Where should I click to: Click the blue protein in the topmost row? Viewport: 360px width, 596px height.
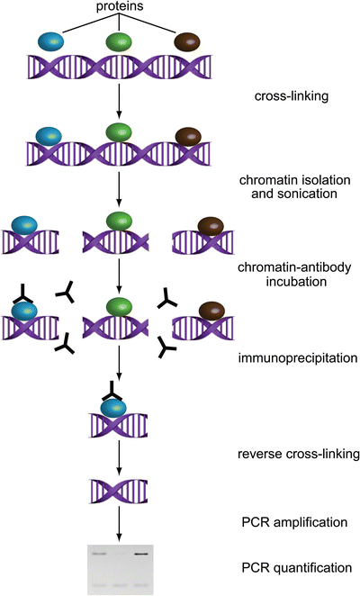[51, 41]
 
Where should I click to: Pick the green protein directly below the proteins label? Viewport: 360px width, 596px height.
[119, 41]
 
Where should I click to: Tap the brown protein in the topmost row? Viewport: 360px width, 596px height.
[188, 41]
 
